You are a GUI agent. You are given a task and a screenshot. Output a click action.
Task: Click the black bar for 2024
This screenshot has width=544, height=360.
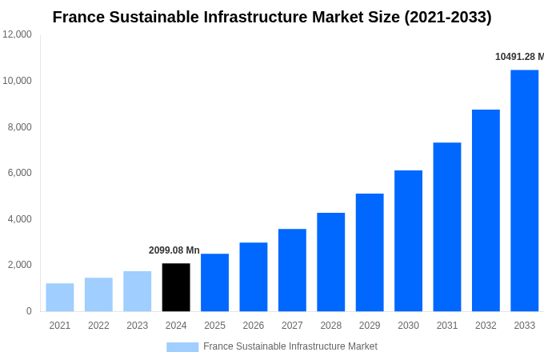click(176, 287)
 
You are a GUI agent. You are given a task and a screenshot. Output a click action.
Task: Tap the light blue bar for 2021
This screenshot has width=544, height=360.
click(60, 298)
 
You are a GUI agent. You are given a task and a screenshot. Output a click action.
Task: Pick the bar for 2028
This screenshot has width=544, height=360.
click(330, 262)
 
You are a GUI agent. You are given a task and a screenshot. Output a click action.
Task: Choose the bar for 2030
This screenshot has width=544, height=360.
click(408, 241)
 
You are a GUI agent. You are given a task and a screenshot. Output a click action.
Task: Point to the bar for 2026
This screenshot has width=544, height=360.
click(253, 277)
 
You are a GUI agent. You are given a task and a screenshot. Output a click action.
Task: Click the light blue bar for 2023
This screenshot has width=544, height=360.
click(137, 291)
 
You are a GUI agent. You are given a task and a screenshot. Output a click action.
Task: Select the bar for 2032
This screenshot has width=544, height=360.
click(486, 210)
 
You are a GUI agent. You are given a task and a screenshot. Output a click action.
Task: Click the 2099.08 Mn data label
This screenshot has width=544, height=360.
click(174, 250)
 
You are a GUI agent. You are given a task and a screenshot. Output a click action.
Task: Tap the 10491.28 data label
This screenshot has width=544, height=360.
click(518, 57)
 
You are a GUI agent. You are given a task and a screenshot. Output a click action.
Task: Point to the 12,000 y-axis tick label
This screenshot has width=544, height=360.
click(17, 34)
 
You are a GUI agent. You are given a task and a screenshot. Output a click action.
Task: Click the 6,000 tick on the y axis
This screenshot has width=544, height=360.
click(19, 173)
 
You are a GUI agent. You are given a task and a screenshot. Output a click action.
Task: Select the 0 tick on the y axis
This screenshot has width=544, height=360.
click(29, 311)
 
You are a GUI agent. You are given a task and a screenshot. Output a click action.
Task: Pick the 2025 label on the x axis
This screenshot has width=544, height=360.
click(214, 326)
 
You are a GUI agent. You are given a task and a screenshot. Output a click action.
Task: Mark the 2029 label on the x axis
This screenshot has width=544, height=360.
click(370, 326)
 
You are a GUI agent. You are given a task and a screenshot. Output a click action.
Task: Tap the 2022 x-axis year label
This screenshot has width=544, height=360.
click(98, 326)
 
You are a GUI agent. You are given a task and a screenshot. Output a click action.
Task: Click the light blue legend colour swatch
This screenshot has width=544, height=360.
click(182, 347)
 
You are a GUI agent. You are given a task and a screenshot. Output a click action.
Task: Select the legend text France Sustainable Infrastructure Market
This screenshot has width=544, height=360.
click(290, 346)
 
